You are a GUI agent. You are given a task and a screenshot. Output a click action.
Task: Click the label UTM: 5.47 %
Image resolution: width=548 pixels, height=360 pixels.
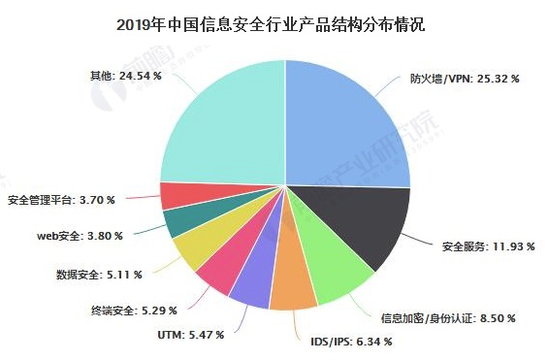190,334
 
